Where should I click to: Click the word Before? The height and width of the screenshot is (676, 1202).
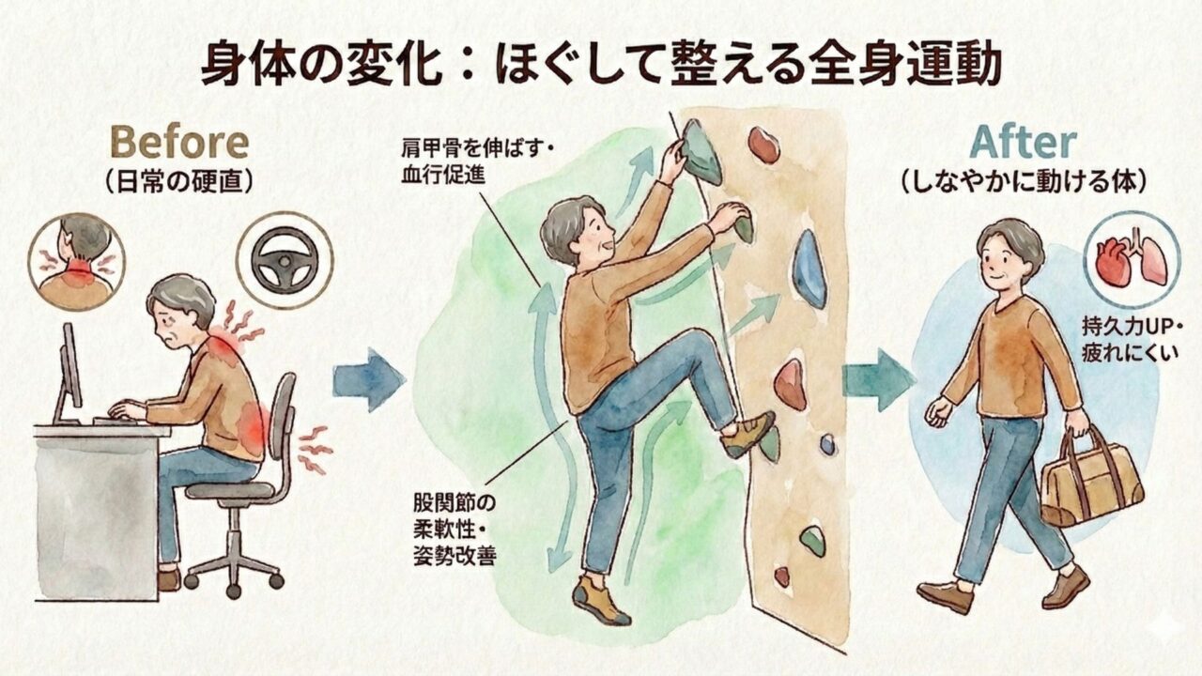179,142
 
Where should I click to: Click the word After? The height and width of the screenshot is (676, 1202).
1023,142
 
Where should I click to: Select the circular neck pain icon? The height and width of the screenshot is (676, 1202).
76,261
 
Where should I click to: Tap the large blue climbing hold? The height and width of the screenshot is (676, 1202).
809,269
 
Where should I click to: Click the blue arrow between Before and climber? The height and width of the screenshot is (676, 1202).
369,379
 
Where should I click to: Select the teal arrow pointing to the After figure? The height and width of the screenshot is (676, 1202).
878,380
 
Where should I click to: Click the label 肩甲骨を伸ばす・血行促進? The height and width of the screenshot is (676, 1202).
476,161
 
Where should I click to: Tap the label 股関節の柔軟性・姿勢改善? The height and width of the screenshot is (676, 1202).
455,530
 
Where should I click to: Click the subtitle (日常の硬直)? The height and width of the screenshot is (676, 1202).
179,183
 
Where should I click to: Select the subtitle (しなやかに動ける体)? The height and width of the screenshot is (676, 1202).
1024,183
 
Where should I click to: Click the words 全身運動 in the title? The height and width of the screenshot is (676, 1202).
903,65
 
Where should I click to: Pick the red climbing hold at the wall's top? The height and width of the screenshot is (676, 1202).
763,145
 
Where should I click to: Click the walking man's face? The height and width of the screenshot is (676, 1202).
999,264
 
